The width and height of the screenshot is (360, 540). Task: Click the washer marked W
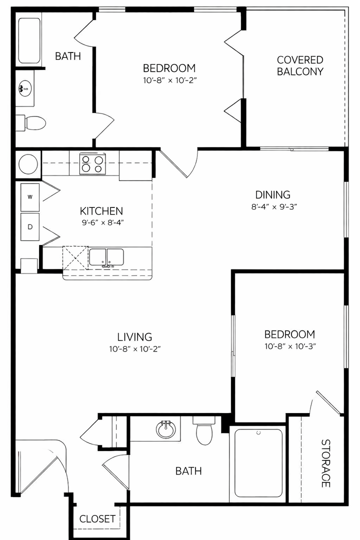click(30, 197)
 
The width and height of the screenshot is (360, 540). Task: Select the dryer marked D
click(30, 227)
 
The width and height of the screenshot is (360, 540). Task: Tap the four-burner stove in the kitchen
click(92, 163)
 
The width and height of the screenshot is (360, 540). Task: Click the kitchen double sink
click(106, 257)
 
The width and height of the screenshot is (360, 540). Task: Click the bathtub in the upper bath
click(29, 40)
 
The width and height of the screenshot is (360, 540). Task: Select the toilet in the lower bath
click(204, 430)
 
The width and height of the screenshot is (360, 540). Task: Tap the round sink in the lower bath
click(166, 429)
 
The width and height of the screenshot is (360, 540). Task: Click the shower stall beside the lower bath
click(258, 462)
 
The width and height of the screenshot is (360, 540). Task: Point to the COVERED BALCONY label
click(300, 65)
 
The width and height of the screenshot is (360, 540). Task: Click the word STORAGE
click(325, 463)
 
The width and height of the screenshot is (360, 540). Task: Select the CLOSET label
click(97, 518)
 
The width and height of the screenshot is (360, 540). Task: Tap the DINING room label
click(272, 194)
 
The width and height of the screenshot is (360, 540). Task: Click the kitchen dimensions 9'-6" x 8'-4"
click(102, 222)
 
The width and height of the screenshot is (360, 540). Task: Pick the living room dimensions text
click(135, 349)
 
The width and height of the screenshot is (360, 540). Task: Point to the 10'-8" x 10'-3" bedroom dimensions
click(290, 346)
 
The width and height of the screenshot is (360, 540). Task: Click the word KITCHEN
click(101, 211)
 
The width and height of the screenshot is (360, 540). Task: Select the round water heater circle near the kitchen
click(28, 164)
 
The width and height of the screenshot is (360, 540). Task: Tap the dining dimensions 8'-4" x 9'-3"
click(274, 207)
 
